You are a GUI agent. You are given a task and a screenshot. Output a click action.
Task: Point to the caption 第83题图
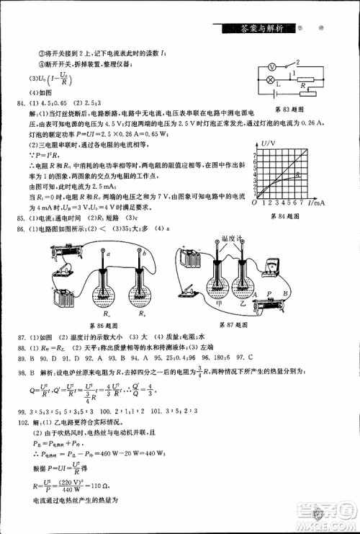click(x=288, y=110)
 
